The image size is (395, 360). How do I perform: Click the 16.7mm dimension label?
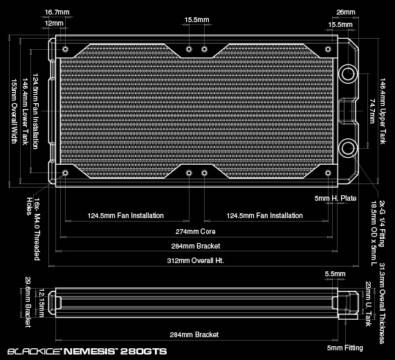pyautogui.click(x=57, y=12)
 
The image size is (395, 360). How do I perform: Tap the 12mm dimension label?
pyautogui.click(x=54, y=24)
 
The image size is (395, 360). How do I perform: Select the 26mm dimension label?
pyautogui.click(x=346, y=12)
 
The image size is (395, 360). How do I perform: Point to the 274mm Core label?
pyautogui.click(x=196, y=231)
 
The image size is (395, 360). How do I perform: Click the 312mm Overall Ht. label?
pyautogui.click(x=196, y=260)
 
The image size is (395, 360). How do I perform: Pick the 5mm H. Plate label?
pyautogui.click(x=336, y=198)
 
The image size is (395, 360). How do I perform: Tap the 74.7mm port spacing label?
pyautogui.click(x=372, y=111)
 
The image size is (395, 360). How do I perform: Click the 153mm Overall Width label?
pyautogui.click(x=14, y=111)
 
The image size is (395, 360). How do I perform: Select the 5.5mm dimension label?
pyautogui.click(x=335, y=273)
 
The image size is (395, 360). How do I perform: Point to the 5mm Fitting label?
pyautogui.click(x=345, y=348)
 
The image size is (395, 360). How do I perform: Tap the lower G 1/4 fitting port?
pyautogui.click(x=349, y=148)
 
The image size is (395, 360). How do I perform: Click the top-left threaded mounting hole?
pyautogui.click(x=65, y=49)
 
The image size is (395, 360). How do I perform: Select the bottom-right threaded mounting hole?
pyautogui.click(x=328, y=173)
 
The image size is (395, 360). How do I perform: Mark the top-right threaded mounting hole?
pyautogui.click(x=328, y=49)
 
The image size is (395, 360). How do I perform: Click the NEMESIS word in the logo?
pyautogui.click(x=89, y=352)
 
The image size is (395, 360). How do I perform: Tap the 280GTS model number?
pyautogui.click(x=143, y=352)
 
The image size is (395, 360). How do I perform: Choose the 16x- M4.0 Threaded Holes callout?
pyautogui.click(x=33, y=228)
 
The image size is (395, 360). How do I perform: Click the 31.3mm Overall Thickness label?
pyautogui.click(x=382, y=303)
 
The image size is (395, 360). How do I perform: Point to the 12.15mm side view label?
pyautogui.click(x=41, y=303)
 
